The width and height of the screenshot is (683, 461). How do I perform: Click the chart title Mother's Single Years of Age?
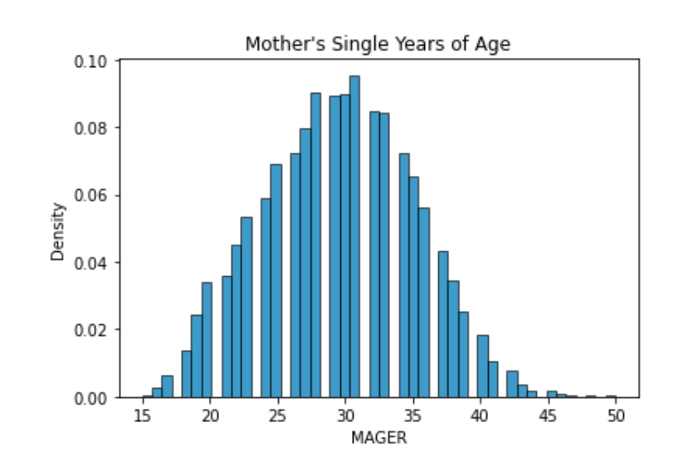pyautogui.click(x=377, y=44)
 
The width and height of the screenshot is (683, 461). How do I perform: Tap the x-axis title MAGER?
pyautogui.click(x=379, y=436)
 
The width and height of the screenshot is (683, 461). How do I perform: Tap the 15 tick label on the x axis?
pyautogui.click(x=143, y=415)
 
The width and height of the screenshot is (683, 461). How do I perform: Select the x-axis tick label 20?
pyautogui.click(x=211, y=415)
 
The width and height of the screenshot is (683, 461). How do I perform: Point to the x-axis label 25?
pyautogui.click(x=278, y=415)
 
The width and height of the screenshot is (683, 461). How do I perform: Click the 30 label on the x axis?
pyautogui.click(x=345, y=415)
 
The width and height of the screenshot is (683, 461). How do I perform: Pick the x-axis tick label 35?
pyautogui.click(x=413, y=415)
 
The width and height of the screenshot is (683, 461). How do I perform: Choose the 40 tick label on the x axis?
pyautogui.click(x=481, y=415)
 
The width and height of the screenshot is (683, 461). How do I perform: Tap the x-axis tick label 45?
pyautogui.click(x=548, y=415)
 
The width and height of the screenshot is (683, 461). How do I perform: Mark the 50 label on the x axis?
pyautogui.click(x=615, y=415)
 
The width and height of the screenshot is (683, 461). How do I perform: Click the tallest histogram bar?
pyautogui.click(x=354, y=236)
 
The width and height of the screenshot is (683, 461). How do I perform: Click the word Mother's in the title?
pyautogui.click(x=276, y=44)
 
